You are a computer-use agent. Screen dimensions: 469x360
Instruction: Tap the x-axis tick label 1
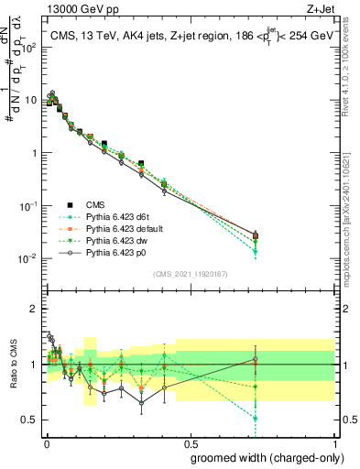334,442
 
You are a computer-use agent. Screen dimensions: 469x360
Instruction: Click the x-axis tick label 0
46,442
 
